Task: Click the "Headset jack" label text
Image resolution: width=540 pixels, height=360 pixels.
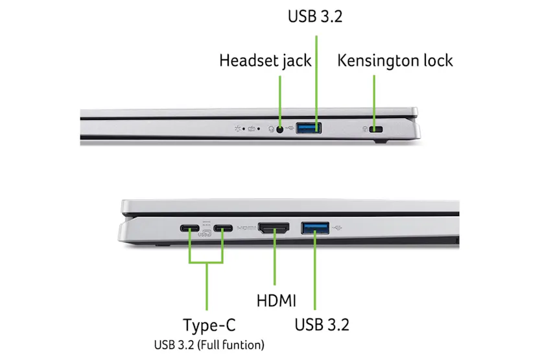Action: coord(265,61)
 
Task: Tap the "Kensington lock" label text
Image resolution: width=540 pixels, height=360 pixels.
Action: coord(395,61)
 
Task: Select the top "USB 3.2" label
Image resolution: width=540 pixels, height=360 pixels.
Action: coord(315,16)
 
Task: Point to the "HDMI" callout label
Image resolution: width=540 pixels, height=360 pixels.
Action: coord(276,300)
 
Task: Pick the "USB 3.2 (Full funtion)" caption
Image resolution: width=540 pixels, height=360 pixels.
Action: coord(209,344)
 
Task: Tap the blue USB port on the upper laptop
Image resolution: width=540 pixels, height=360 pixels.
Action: coord(309,128)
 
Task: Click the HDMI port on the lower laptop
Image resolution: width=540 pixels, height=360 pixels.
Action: coord(274,228)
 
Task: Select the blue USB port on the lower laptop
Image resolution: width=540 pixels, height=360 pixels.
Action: coord(315,228)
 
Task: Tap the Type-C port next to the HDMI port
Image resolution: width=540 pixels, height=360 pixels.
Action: coord(224,228)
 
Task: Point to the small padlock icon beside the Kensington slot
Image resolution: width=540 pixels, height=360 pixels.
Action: coord(366,128)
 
